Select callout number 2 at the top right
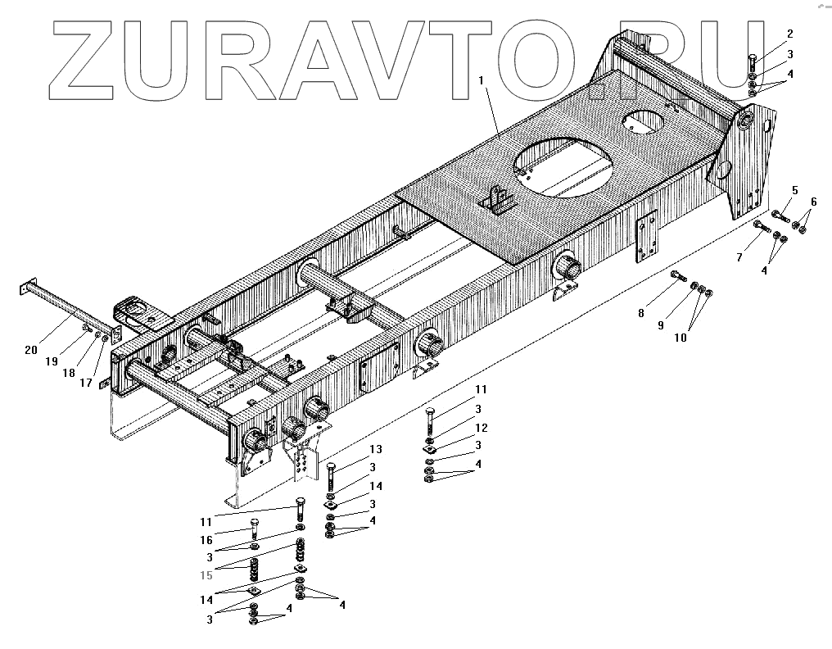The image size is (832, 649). point(789,34)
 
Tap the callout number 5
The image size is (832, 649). point(794,190)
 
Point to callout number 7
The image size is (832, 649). point(739,257)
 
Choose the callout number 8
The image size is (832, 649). point(640,312)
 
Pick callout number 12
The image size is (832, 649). point(481,428)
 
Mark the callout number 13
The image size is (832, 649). point(375,449)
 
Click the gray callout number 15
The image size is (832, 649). point(206,575)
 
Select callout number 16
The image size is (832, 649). point(207,540)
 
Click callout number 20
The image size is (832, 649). point(30,350)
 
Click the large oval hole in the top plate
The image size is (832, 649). point(565,168)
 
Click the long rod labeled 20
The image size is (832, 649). point(61,307)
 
